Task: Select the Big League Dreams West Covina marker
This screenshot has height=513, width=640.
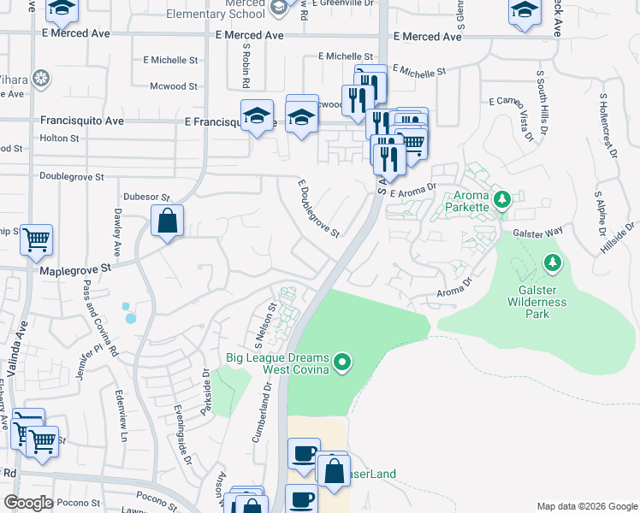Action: (342, 363)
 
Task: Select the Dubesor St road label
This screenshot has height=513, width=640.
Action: (147, 196)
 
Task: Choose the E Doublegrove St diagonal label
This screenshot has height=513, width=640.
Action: (319, 209)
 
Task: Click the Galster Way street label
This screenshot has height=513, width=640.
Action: (537, 232)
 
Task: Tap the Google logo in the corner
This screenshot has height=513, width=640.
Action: (28, 503)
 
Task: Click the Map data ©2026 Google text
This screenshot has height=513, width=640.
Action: (586, 506)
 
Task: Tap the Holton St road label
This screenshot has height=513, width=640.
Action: (60, 138)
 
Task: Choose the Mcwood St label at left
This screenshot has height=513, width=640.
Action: (174, 86)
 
